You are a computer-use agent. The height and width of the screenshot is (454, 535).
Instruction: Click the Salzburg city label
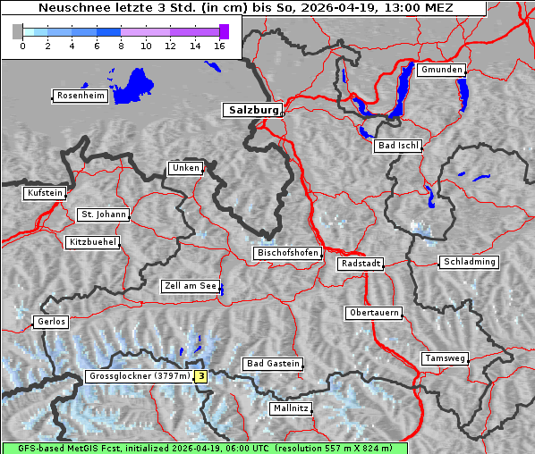(251, 111)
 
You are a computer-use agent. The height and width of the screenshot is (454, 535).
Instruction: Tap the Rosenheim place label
(80, 96)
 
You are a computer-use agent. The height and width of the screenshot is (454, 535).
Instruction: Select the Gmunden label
(442, 70)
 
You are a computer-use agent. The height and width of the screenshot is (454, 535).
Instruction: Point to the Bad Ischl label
(397, 146)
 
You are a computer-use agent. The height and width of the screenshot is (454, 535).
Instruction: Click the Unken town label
(185, 168)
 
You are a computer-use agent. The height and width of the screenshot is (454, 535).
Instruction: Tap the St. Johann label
(103, 214)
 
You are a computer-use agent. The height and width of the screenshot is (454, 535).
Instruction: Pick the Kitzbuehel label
(92, 242)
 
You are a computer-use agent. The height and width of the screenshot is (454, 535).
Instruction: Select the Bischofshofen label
(287, 253)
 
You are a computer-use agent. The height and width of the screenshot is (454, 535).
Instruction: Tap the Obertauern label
(373, 313)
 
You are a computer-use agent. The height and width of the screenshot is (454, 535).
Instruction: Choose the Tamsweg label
(445, 358)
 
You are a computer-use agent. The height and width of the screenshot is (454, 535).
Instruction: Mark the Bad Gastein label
(273, 364)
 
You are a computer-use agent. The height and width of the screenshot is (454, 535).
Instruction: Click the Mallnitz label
(291, 408)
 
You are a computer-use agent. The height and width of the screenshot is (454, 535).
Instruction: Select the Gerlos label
(51, 322)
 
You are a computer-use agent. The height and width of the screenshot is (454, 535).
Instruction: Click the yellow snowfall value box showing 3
(201, 377)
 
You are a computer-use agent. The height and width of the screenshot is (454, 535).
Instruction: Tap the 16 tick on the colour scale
(218, 46)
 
